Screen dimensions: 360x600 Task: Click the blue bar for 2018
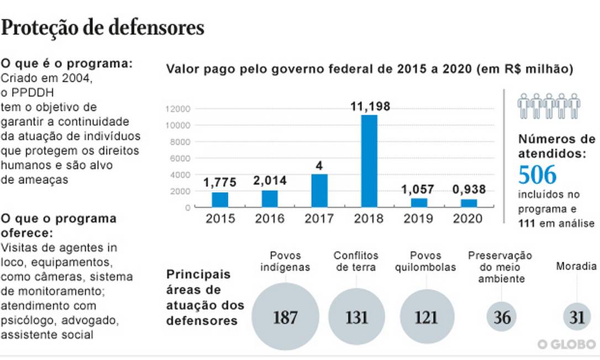(x=369, y=161)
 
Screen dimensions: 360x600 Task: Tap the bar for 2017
(x=319, y=190)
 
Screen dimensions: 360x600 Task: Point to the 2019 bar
(x=419, y=202)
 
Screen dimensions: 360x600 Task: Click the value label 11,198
(x=370, y=107)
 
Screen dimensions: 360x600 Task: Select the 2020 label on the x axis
(x=468, y=219)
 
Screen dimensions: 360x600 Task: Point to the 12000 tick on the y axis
(x=179, y=108)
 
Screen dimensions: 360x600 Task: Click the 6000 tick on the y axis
(x=181, y=158)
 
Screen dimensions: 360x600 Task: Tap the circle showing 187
(x=285, y=317)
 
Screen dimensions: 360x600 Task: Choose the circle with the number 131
(x=356, y=317)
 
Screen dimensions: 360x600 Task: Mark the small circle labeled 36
(x=502, y=317)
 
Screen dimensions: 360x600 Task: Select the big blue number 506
(x=537, y=176)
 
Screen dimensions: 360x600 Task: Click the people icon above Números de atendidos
(x=548, y=105)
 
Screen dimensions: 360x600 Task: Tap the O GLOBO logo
(x=566, y=344)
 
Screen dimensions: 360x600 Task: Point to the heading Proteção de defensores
(x=103, y=28)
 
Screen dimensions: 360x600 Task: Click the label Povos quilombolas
(x=426, y=262)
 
